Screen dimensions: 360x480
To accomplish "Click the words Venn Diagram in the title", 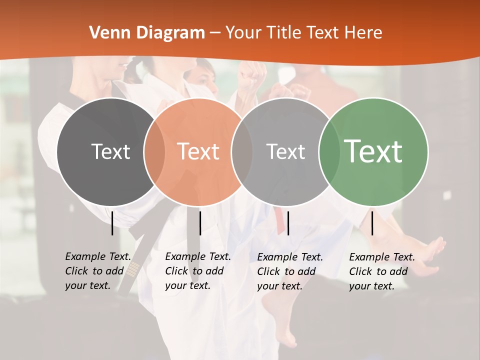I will click(147, 33).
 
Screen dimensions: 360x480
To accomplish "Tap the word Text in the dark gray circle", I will click(110, 151).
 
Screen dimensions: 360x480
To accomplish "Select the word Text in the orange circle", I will click(198, 151).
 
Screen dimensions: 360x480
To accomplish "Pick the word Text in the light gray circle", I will click(285, 151).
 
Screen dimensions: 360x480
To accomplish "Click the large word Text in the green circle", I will click(373, 151).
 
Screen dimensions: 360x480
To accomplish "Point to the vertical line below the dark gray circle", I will click(112, 223).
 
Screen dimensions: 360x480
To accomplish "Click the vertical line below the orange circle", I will click(200, 223).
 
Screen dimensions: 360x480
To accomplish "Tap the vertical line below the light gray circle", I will click(288, 223).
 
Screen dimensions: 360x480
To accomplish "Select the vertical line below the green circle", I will click(372, 223).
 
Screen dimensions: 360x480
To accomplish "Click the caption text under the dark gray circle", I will click(98, 271).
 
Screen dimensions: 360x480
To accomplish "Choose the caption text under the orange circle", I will click(198, 271).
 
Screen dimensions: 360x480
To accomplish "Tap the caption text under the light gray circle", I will click(290, 271).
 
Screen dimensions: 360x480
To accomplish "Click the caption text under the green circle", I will click(382, 271).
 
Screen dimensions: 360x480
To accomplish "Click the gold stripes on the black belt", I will click(132, 270).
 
